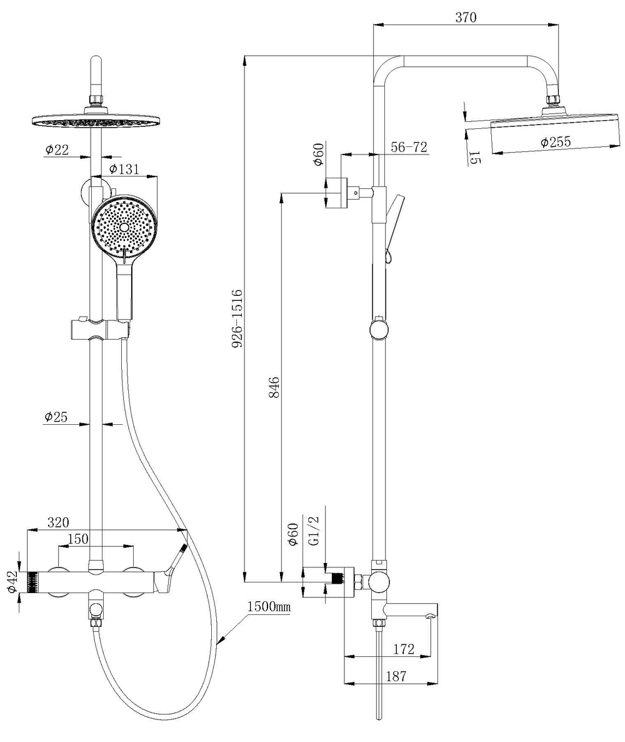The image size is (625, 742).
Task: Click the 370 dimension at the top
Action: point(466,18)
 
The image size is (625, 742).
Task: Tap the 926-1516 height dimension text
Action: point(237,318)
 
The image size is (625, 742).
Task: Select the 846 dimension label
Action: point(274,387)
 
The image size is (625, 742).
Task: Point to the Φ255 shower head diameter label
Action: point(556,142)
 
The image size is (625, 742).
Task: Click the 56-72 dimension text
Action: point(409,147)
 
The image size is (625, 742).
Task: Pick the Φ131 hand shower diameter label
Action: point(124,169)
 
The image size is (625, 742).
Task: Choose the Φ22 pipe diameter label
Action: point(57,150)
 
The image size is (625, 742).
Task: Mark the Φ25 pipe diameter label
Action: point(56,417)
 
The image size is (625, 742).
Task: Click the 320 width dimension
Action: point(58,522)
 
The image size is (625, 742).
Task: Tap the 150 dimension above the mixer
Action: point(78,539)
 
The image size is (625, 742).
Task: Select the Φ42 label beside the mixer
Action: point(12,582)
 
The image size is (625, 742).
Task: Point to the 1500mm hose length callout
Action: point(269,607)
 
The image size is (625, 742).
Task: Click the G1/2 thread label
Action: point(314,531)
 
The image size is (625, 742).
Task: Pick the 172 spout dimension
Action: point(404,649)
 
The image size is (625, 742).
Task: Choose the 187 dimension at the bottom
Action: point(396,676)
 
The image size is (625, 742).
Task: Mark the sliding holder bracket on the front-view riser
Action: point(99,328)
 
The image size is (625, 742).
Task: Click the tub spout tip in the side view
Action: point(431,615)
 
